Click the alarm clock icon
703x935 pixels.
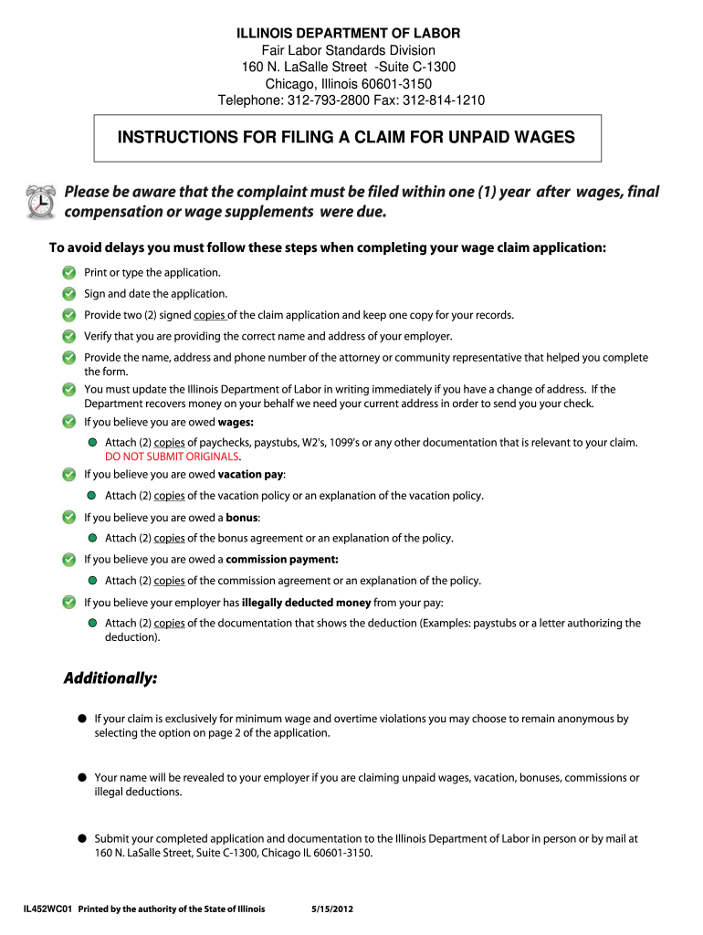point(39,201)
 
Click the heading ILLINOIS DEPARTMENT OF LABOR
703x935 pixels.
point(349,33)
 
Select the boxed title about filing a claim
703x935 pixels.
point(346,138)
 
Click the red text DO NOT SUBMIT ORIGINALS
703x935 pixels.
point(173,457)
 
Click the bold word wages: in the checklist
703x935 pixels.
point(236,422)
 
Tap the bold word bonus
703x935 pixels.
point(242,517)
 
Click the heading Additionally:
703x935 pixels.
point(110,678)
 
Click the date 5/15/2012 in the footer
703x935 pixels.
point(332,909)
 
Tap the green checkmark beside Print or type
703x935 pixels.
point(69,273)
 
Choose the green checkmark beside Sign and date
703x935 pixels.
point(69,294)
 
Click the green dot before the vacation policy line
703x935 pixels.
point(92,496)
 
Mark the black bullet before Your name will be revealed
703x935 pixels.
point(81,778)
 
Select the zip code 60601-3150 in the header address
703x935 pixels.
point(393,84)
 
